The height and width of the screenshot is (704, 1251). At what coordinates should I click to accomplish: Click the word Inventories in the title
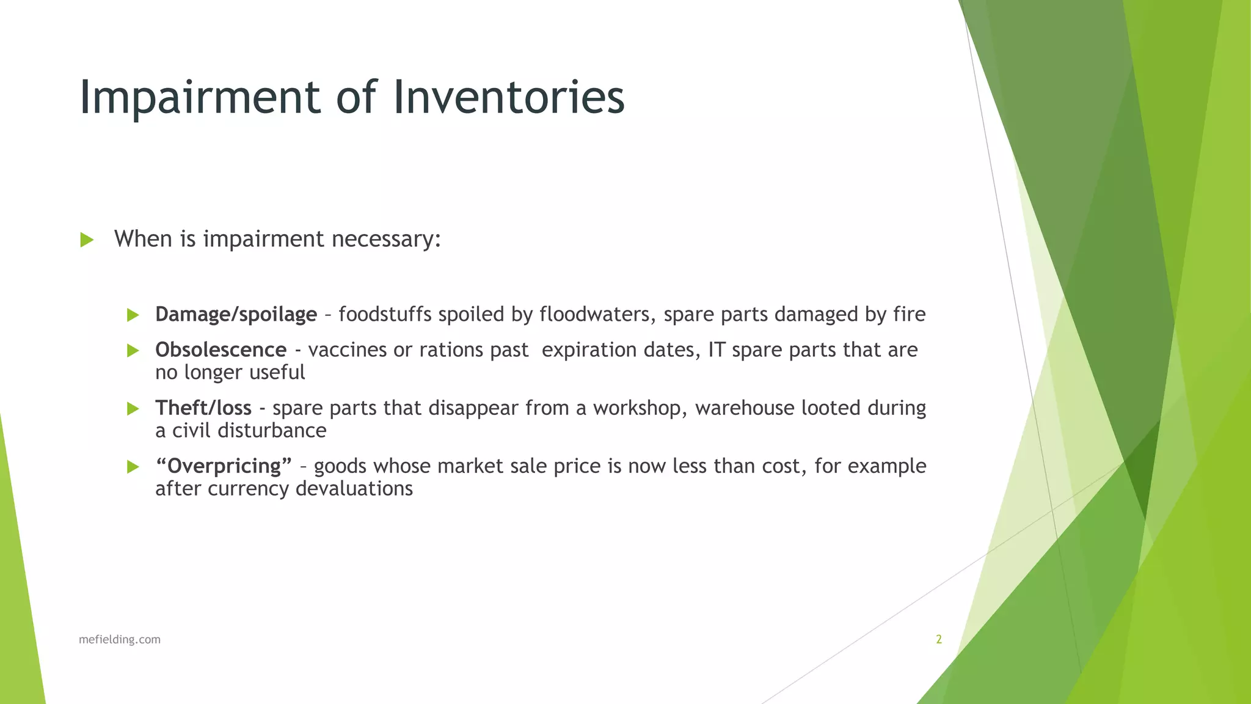(x=508, y=98)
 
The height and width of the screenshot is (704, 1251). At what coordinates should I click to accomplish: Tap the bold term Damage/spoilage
(x=236, y=315)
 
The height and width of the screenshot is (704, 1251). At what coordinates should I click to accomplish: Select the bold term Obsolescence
(x=221, y=350)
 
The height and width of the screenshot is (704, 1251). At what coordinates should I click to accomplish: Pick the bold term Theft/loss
(x=203, y=408)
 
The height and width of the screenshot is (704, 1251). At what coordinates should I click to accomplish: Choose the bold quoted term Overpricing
(x=224, y=466)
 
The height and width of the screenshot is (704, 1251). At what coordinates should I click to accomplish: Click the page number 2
(x=939, y=640)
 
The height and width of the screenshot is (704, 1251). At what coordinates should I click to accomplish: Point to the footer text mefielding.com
(x=120, y=640)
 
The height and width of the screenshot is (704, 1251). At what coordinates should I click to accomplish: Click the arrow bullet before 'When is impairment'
(x=87, y=240)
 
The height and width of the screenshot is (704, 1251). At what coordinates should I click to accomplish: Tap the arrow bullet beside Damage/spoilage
(x=133, y=315)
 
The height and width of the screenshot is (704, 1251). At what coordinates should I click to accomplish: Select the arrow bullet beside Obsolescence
(x=133, y=351)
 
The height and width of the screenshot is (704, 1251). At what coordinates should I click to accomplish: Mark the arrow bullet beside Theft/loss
(x=133, y=409)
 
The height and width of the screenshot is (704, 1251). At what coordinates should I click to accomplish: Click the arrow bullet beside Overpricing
(x=133, y=467)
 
